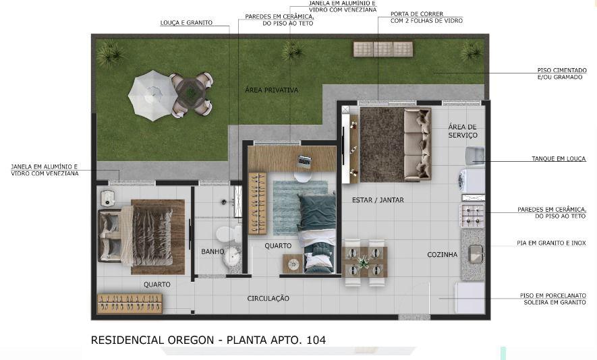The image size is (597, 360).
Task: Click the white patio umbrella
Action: point(152,95)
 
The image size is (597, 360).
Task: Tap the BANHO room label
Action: point(212,251)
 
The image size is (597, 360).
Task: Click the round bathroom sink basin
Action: point(231,257)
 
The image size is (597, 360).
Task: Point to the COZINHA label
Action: point(442,255)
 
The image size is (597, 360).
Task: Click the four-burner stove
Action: point(472,216)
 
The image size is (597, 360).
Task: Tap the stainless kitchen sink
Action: point(476,254)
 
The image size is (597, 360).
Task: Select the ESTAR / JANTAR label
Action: point(378,200)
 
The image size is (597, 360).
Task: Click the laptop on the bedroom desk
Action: point(304,162)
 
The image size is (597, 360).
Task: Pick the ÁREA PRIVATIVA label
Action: point(271,90)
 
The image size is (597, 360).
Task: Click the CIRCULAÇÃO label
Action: point(268,299)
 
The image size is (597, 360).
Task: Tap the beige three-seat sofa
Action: point(418,144)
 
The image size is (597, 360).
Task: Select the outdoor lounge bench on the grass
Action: point(383,49)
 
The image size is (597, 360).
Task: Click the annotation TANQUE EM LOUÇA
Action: point(559,158)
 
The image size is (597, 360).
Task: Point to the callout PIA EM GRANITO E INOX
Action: point(551,243)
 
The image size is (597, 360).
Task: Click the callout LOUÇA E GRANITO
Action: point(186,23)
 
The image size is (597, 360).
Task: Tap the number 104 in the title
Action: point(316,340)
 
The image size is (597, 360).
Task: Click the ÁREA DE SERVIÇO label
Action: point(462,131)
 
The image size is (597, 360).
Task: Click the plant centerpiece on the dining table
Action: point(363,262)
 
